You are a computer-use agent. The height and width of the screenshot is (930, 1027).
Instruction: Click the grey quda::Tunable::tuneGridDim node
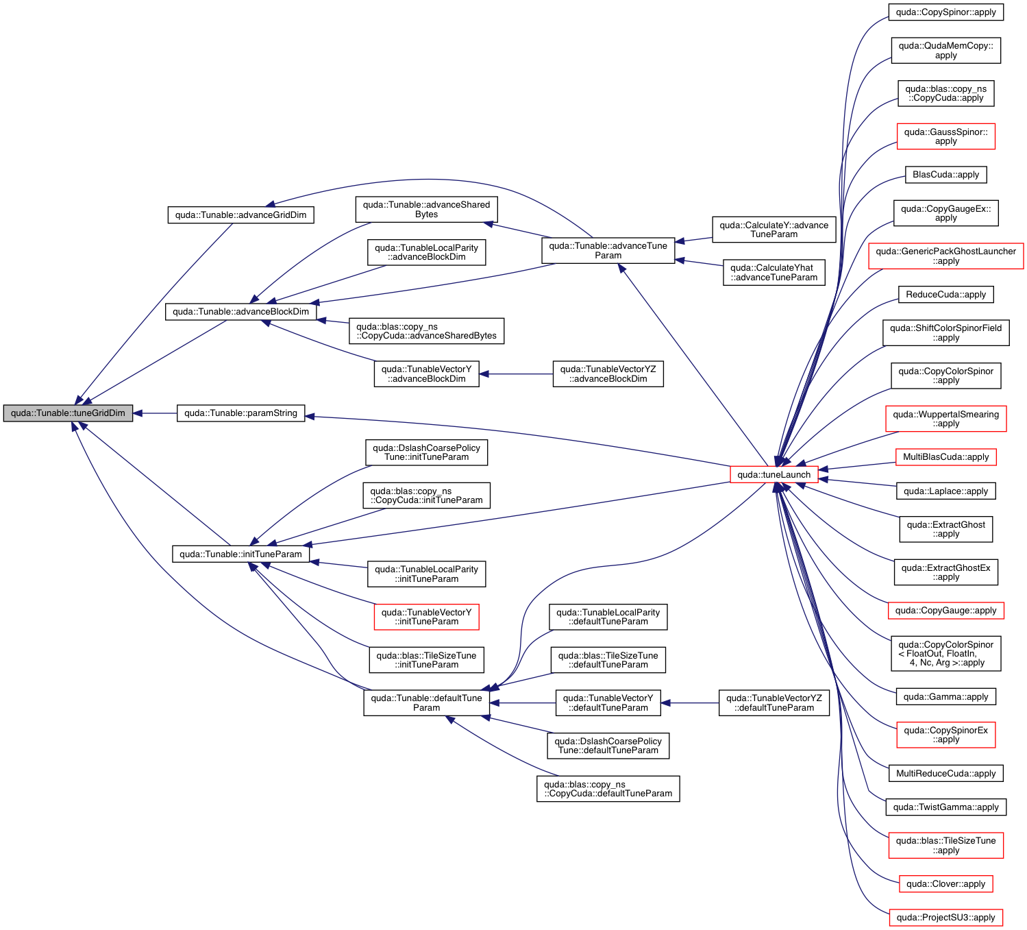(68, 413)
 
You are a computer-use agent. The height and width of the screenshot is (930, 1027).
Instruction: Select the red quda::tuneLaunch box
(774, 474)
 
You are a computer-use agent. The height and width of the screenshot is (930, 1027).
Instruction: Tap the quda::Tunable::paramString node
(240, 413)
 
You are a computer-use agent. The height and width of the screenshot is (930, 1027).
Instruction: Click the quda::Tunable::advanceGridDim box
(240, 215)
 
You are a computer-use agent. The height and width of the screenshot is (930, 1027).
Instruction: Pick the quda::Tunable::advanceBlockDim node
(240, 311)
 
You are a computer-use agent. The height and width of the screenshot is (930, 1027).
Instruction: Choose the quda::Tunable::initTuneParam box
(240, 554)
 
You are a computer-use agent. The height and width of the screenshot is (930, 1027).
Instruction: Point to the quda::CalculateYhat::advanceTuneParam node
(774, 272)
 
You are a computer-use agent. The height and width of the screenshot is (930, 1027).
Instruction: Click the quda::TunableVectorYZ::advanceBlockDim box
(608, 374)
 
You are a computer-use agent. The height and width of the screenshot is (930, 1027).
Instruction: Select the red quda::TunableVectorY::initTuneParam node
(426, 617)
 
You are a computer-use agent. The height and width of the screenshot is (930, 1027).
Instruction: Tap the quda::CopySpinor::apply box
(945, 12)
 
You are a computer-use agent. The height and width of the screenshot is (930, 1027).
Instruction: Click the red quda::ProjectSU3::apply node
(945, 917)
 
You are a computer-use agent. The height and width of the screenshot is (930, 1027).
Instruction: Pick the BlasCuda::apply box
(945, 175)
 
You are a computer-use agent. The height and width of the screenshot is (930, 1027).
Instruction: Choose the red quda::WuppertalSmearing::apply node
(945, 419)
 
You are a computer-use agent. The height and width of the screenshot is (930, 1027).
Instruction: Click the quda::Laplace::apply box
(945, 491)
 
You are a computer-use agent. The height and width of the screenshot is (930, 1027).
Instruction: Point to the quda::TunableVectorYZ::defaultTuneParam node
(774, 702)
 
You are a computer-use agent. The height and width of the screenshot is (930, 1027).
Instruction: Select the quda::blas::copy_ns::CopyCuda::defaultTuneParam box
(608, 789)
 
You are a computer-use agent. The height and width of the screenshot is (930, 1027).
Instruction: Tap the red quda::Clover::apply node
(945, 883)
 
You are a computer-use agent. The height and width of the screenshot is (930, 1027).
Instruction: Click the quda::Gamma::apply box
(945, 696)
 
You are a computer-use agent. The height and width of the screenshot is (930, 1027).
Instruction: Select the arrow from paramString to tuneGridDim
(156, 413)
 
